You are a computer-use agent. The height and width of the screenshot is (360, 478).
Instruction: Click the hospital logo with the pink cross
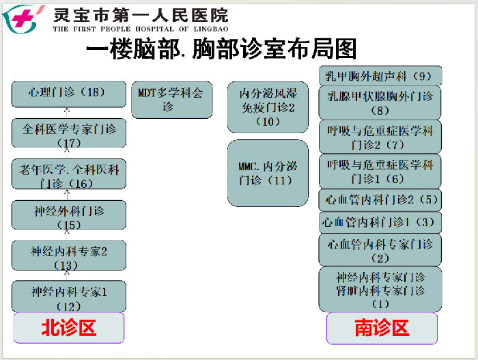pyautogui.click(x=23, y=19)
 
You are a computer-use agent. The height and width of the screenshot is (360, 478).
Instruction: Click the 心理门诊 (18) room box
pyautogui.click(x=69, y=94)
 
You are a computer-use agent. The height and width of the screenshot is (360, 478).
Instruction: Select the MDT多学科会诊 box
pyautogui.click(x=172, y=100)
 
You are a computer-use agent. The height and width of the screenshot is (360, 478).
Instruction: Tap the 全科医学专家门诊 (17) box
pyautogui.click(x=69, y=133)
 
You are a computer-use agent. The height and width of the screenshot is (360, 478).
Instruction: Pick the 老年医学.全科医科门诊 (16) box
pyautogui.click(x=69, y=174)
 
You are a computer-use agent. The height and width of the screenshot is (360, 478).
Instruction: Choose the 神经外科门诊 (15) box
pyautogui.click(x=69, y=214)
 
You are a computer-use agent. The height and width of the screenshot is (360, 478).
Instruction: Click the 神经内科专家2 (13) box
pyautogui.click(x=69, y=255)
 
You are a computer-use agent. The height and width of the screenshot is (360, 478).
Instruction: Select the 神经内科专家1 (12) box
pyautogui.click(x=69, y=296)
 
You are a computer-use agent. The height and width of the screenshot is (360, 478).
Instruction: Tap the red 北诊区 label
pyautogui.click(x=69, y=328)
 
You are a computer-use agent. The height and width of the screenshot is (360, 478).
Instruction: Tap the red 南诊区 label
pyautogui.click(x=382, y=329)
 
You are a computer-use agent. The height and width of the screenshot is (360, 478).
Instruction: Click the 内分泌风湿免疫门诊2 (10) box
pyautogui.click(x=268, y=107)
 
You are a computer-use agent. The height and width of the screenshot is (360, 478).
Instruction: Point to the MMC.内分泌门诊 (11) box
pyautogui.click(x=268, y=174)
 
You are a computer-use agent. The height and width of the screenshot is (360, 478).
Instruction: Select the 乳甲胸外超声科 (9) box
pyautogui.click(x=380, y=76)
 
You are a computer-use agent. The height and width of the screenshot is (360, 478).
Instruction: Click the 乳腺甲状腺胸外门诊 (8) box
pyautogui.click(x=380, y=103)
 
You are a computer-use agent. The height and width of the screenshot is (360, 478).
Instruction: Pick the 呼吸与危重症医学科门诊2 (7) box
pyautogui.click(x=380, y=137)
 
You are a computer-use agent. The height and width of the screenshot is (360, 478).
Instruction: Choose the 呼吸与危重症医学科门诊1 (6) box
pyautogui.click(x=380, y=171)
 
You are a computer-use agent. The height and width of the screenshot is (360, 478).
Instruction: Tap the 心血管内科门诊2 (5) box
pyautogui.click(x=380, y=200)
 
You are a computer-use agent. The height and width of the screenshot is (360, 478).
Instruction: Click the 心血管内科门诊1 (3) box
pyautogui.click(x=380, y=223)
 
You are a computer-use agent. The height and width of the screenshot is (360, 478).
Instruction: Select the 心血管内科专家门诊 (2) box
pyautogui.click(x=380, y=250)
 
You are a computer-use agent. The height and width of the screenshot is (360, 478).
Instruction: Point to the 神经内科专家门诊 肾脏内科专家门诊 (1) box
pyautogui.click(x=380, y=290)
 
